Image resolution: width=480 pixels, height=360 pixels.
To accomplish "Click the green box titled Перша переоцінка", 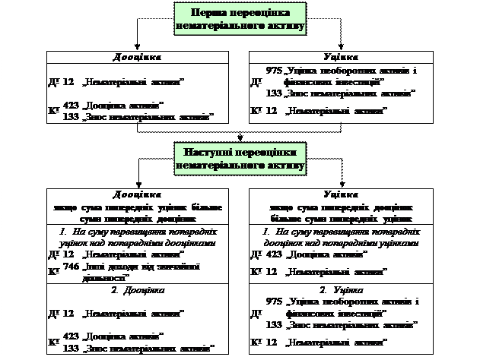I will [240, 19].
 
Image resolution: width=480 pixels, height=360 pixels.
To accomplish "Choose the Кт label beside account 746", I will [53, 270].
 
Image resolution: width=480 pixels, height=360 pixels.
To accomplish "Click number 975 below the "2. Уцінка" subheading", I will [275, 302].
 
